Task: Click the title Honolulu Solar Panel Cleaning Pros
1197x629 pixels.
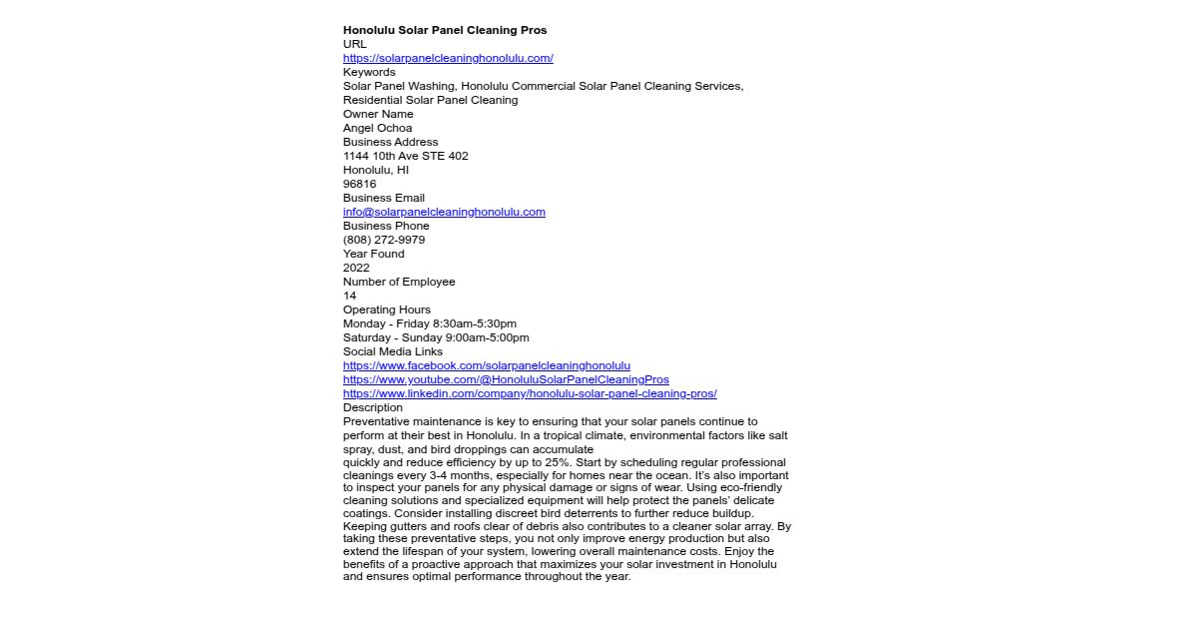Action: pyautogui.click(x=445, y=30)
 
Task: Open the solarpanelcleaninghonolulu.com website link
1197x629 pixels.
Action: pyautogui.click(x=448, y=58)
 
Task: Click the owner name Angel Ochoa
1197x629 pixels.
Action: pyautogui.click(x=377, y=128)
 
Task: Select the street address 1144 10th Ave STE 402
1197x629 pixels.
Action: pyautogui.click(x=405, y=156)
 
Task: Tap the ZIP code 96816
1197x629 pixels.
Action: pyautogui.click(x=359, y=184)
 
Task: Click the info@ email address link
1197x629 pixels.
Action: pyautogui.click(x=444, y=212)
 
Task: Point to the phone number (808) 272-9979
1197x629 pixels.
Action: pyautogui.click(x=383, y=240)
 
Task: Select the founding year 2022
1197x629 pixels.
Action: pyautogui.click(x=356, y=268)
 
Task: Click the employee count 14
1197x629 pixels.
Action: pyautogui.click(x=349, y=296)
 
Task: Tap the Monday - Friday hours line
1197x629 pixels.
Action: pyautogui.click(x=429, y=323)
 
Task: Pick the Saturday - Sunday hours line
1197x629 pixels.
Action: pyautogui.click(x=436, y=337)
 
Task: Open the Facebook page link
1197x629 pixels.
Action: pyautogui.click(x=486, y=365)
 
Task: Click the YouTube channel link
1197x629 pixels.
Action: pyautogui.click(x=506, y=379)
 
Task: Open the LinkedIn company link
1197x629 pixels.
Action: pyautogui.click(x=530, y=393)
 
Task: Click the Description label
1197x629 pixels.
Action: pyautogui.click(x=373, y=407)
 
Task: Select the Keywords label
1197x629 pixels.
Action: pyautogui.click(x=369, y=72)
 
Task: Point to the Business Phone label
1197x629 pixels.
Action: pyautogui.click(x=386, y=226)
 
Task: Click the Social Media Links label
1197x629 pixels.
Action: pyautogui.click(x=392, y=351)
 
